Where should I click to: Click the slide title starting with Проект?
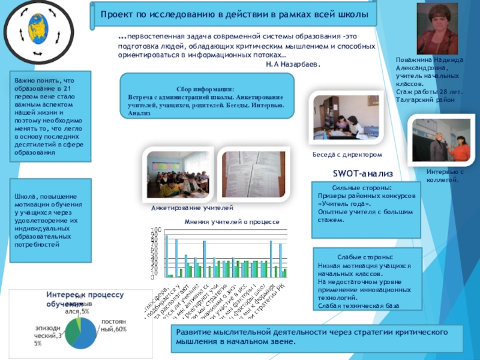(x=234, y=13)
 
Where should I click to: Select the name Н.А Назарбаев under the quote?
(x=293, y=64)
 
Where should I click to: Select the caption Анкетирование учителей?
(x=191, y=208)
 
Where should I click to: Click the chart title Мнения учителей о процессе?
(x=232, y=222)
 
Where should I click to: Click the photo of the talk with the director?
(x=346, y=118)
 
